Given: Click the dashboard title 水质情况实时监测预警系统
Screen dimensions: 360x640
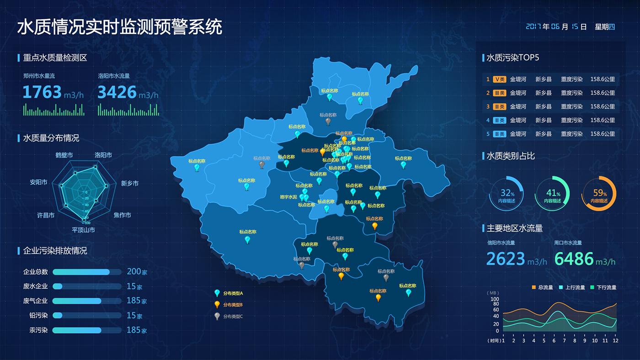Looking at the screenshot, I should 120,27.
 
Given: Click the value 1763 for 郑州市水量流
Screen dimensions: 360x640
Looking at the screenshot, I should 42,92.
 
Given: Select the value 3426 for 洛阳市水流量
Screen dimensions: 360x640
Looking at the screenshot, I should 117,92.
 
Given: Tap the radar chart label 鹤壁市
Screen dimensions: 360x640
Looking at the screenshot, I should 64,155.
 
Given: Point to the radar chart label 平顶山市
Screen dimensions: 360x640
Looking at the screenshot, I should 83,230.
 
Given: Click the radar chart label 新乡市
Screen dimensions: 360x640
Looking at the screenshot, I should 129,183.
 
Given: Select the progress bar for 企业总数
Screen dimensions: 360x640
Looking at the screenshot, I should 87,272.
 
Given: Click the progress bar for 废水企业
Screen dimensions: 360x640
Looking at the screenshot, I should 87,286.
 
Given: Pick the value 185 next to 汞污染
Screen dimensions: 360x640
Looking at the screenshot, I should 133,330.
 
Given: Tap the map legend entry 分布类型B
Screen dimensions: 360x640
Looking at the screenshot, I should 233,305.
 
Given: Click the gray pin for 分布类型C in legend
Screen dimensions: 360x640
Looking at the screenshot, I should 217,316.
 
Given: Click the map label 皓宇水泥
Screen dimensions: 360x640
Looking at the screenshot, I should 288,197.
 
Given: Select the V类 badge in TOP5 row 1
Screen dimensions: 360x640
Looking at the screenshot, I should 499,79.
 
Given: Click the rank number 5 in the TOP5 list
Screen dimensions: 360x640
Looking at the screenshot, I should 488,134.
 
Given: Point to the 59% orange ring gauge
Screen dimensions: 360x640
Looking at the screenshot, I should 599,193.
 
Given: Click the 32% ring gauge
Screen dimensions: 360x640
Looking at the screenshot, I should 507,193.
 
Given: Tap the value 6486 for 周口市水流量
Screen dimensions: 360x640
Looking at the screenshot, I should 574,259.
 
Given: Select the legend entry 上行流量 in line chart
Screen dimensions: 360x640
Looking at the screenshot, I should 575,287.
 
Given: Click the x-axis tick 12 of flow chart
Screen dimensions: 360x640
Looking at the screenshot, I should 615,340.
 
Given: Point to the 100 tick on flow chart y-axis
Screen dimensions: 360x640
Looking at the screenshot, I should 495,299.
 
